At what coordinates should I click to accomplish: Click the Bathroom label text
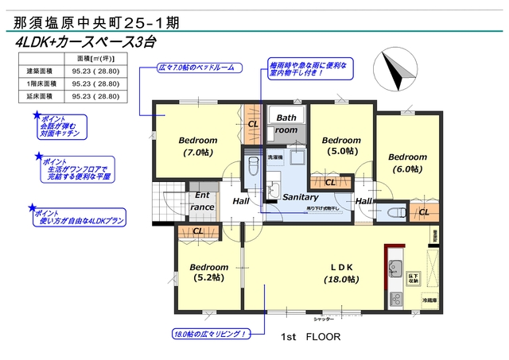[x=286, y=123]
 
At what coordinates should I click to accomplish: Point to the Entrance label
[x=203, y=201]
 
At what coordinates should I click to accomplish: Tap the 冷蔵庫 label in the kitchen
[x=429, y=300]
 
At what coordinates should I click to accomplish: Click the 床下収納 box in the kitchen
[x=414, y=277]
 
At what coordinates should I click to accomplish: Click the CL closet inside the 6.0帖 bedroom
[x=423, y=212]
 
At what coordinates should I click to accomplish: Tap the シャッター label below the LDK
[x=324, y=318]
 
